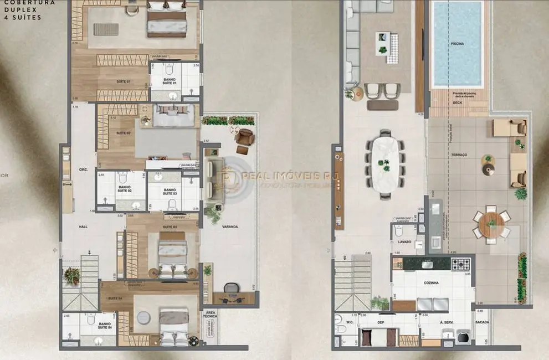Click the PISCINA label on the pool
(x=457, y=43)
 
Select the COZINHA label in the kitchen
(x=432, y=283)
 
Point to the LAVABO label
(x=403, y=242)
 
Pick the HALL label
(x=83, y=227)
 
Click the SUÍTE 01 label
(x=122, y=81)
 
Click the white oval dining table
(x=385, y=163)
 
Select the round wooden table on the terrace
(x=491, y=224)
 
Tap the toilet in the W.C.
(x=341, y=330)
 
